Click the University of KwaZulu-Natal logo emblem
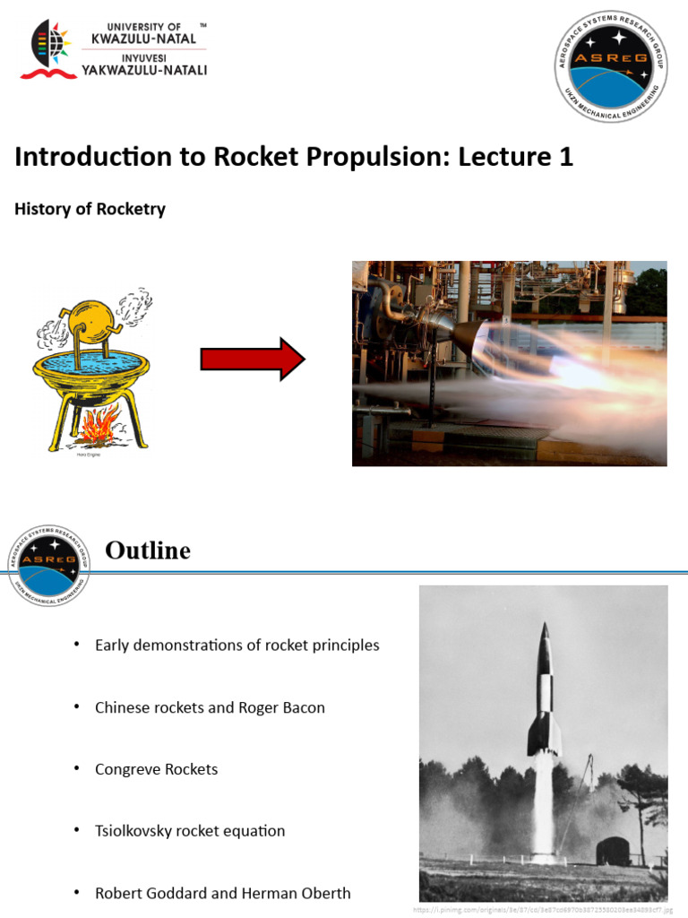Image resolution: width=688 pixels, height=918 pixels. click(x=49, y=49)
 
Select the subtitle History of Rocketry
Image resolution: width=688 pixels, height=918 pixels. click(x=90, y=209)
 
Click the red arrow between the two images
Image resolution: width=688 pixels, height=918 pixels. click(x=253, y=359)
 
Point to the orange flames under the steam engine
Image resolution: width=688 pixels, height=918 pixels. click(x=97, y=425)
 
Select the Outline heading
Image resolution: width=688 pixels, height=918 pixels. click(x=148, y=550)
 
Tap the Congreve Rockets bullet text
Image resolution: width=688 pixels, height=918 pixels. click(x=156, y=769)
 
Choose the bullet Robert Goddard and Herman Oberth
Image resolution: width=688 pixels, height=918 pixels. click(x=222, y=893)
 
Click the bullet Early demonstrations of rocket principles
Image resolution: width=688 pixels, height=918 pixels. click(x=236, y=645)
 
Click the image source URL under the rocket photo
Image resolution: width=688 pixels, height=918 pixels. click(x=543, y=908)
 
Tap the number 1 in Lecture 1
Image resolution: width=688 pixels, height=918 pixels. click(x=565, y=158)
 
